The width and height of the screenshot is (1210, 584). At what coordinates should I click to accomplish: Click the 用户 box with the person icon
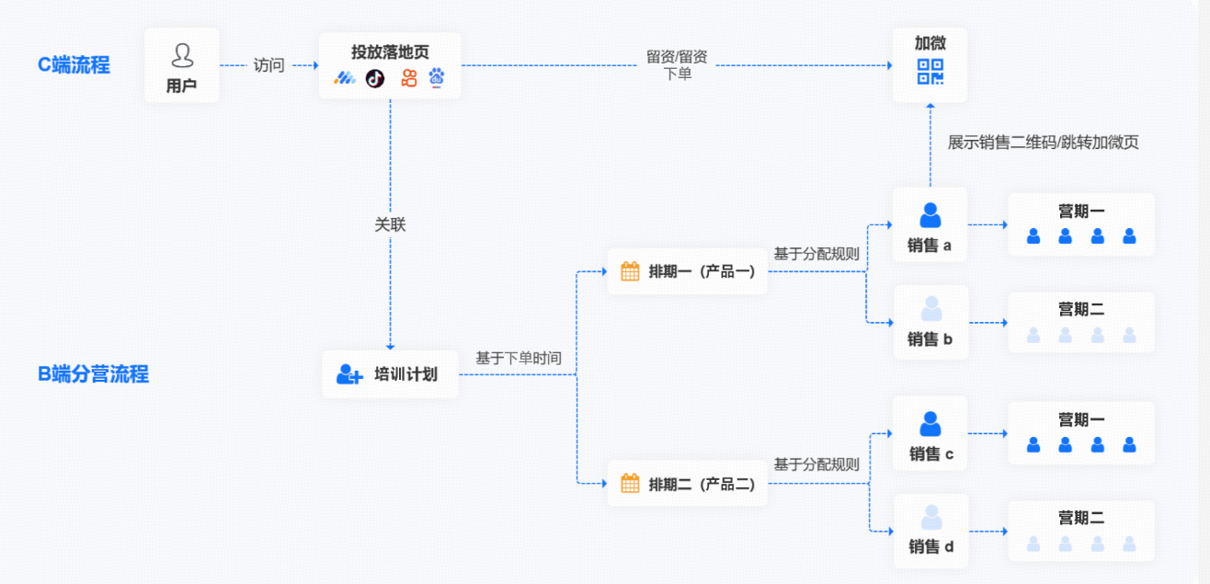181,65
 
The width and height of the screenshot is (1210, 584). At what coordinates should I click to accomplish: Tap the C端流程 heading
74,65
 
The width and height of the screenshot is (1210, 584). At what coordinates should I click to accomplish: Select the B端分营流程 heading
93,374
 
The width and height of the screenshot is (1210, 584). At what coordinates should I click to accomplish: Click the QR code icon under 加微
930,72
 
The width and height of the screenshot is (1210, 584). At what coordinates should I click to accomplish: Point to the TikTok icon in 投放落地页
375,78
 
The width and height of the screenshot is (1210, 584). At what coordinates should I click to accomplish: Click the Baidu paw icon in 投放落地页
437,78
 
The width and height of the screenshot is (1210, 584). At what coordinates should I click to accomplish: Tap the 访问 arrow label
268,65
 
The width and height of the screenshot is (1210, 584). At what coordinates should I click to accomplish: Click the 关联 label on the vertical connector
390,224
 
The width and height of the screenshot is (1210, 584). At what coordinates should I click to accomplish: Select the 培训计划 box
390,374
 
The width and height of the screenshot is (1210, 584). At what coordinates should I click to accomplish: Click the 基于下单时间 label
518,358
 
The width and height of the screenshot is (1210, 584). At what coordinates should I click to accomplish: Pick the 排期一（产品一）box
687,271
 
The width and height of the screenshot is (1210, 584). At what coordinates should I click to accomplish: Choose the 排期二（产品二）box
687,484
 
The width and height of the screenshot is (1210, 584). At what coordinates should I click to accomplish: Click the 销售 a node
930,225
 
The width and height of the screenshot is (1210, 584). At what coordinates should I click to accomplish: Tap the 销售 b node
930,322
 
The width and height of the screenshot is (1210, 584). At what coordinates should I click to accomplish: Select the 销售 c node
930,434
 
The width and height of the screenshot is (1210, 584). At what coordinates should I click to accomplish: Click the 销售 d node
930,531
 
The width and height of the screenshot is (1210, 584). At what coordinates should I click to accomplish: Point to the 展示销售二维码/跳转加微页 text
1043,143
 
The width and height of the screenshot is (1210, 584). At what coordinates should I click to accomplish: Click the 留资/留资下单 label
677,65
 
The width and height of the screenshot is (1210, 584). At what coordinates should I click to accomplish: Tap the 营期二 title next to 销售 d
1081,518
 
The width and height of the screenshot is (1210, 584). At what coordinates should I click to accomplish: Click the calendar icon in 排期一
630,271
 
